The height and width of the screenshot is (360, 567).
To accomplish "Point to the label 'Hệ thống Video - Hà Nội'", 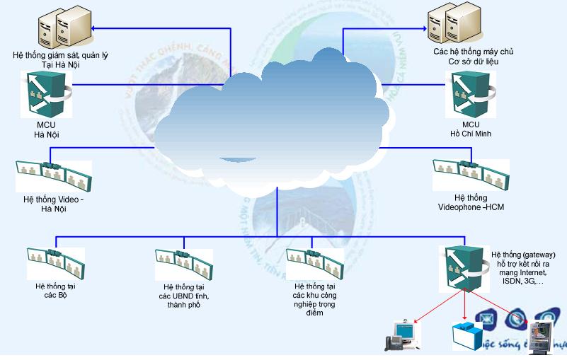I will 53,205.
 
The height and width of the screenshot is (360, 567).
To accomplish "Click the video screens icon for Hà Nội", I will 54,175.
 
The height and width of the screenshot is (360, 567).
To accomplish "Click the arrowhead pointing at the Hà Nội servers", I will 96,28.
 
